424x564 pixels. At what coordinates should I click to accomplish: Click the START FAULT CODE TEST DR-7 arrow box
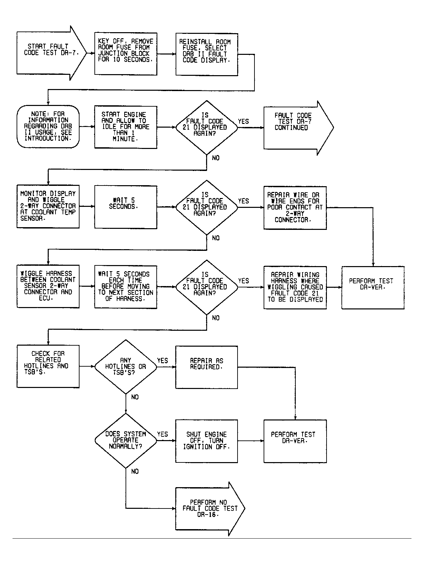[x=51, y=53]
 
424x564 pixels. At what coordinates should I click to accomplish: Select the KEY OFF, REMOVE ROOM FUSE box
[x=126, y=54]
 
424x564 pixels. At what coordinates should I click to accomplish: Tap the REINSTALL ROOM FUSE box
[x=207, y=55]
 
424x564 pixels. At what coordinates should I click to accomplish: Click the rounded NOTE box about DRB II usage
[x=48, y=126]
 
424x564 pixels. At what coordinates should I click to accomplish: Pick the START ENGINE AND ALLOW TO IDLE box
[x=126, y=127]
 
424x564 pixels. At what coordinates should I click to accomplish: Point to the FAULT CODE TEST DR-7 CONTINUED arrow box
[x=298, y=128]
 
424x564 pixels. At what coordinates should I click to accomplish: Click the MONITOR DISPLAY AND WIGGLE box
[x=48, y=207]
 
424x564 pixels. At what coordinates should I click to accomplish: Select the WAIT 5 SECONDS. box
[x=126, y=207]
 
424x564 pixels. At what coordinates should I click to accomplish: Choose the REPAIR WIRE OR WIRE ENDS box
[x=295, y=208]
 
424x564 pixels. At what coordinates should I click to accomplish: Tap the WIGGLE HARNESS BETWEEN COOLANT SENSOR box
[x=48, y=286]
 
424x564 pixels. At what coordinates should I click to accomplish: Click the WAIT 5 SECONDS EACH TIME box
[x=126, y=287]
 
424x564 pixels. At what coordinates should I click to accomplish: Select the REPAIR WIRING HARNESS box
[x=295, y=287]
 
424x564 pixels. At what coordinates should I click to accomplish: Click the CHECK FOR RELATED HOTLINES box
[x=48, y=366]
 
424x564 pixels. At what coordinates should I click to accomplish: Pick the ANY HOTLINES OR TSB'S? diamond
[x=126, y=367]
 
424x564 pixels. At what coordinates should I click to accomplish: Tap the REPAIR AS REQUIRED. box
[x=207, y=367]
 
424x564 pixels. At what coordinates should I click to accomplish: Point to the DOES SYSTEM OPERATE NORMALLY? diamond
[x=126, y=441]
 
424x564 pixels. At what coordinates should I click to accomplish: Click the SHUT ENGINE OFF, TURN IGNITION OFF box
[x=207, y=441]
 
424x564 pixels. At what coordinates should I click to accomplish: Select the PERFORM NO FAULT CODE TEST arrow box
[x=210, y=509]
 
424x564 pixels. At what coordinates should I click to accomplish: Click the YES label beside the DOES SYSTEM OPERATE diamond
[x=162, y=434]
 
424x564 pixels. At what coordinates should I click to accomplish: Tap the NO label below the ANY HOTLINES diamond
[x=135, y=397]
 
